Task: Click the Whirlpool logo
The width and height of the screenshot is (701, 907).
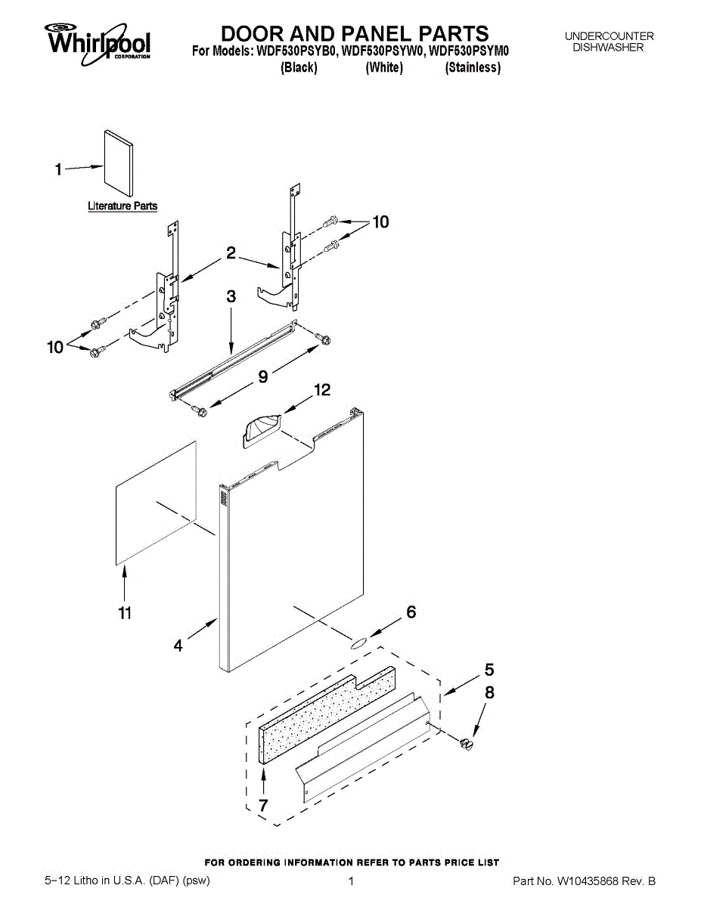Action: click(x=98, y=41)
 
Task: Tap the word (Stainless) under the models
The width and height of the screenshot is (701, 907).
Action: click(x=473, y=68)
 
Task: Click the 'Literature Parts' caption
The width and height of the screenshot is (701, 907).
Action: click(x=123, y=206)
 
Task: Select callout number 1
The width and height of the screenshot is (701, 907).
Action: click(x=59, y=170)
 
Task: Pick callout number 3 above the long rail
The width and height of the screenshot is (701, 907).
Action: click(x=231, y=298)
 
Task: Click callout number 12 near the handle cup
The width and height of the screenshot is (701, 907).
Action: click(x=322, y=390)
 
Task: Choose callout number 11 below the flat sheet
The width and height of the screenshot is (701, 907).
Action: click(x=125, y=613)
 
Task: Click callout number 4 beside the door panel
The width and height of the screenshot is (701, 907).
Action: click(x=178, y=645)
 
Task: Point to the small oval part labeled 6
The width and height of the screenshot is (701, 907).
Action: click(x=357, y=643)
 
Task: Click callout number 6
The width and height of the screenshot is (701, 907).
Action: click(x=411, y=612)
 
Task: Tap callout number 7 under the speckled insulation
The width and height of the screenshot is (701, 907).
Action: click(x=262, y=805)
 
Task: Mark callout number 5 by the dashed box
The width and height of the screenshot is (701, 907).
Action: click(x=489, y=670)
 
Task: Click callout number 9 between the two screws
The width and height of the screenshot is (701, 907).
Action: click(x=262, y=376)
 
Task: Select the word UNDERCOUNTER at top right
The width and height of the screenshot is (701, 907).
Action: click(x=609, y=36)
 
